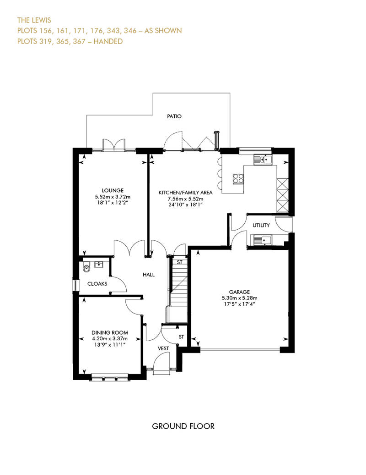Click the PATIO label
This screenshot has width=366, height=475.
tap(174, 116)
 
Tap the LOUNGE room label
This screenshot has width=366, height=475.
tap(113, 190)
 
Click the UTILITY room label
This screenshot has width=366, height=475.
tap(261, 226)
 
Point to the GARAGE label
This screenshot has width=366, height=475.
tap(239, 292)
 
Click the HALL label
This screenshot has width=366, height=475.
tap(148, 275)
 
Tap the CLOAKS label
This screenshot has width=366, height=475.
tap(97, 284)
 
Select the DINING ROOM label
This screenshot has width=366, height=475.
tap(109, 333)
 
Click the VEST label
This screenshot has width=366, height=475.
tap(163, 348)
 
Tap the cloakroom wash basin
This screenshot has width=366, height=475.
tap(99, 264)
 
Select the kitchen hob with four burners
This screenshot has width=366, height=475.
tap(238, 178)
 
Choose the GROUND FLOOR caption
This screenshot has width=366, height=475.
tap(183, 426)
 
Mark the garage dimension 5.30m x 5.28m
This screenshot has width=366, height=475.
tap(239, 298)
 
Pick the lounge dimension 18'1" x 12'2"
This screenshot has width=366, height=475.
tap(113, 203)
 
